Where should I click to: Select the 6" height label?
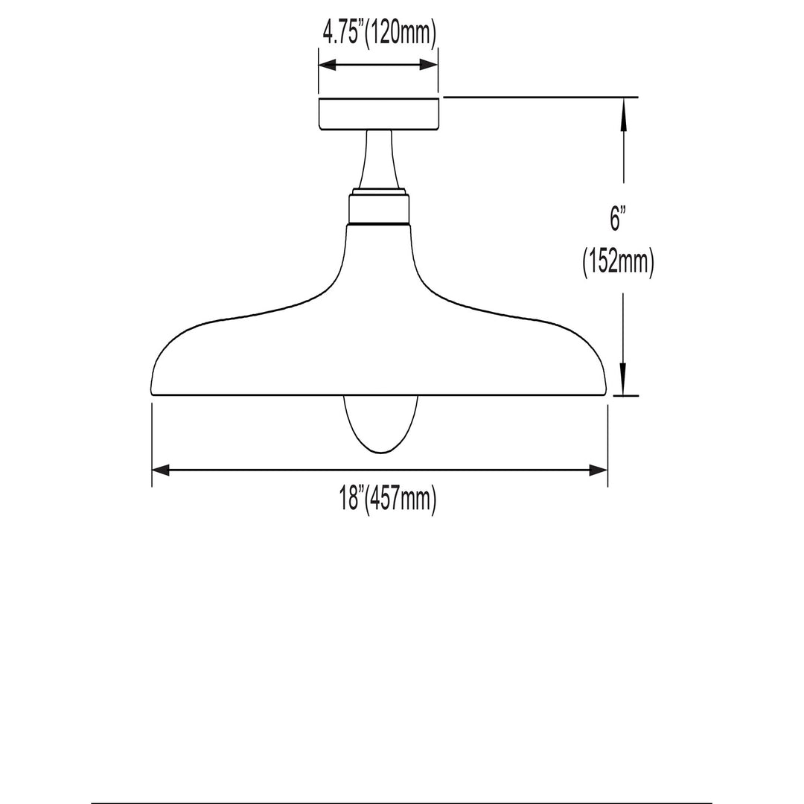619,218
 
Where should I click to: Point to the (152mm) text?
619,263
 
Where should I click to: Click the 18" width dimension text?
351,498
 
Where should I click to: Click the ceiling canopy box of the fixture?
378,113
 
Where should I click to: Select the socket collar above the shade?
379,207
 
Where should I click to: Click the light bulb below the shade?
380,424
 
